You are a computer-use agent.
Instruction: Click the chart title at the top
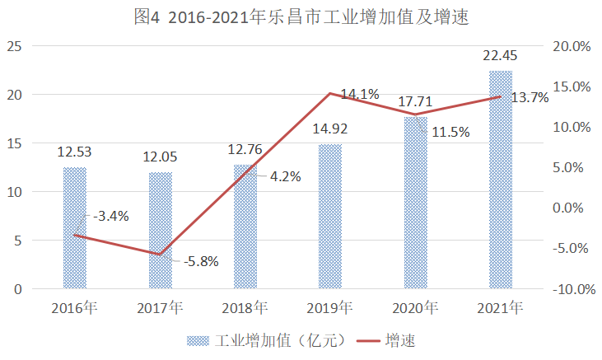[x=301, y=17]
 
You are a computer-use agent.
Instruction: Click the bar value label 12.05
[x=161, y=157]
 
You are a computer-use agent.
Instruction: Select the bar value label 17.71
[x=415, y=102]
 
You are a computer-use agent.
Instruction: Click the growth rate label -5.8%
[x=198, y=261]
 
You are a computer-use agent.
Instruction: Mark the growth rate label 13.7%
[x=530, y=98]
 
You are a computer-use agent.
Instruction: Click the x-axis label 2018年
[x=245, y=309]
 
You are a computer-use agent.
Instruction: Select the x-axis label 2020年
[x=415, y=309]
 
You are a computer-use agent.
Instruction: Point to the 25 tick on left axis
[x=14, y=47]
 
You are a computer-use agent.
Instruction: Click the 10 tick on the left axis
[x=14, y=192]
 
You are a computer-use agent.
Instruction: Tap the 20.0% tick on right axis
[x=572, y=47]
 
